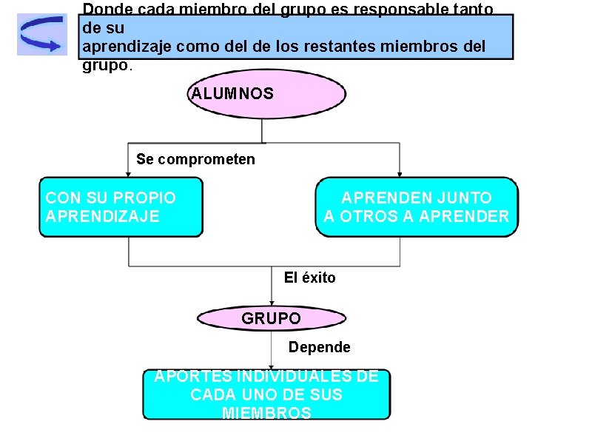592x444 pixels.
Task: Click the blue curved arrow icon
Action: (41, 34)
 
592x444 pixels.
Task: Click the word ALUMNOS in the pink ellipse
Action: (232, 94)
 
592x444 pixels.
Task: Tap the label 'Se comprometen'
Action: (195, 159)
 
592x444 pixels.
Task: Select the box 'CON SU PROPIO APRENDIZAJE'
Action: (121, 207)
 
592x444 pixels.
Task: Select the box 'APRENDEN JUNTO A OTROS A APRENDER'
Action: (417, 207)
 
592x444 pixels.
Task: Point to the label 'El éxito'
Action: (309, 277)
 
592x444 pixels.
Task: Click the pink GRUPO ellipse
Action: (272, 319)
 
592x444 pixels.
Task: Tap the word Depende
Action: (320, 347)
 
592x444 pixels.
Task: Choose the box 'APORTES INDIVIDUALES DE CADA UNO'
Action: (266, 394)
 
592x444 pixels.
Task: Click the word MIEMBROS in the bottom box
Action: (266, 413)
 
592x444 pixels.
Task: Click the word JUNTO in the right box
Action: (464, 198)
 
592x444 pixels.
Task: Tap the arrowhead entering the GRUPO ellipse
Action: (272, 303)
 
